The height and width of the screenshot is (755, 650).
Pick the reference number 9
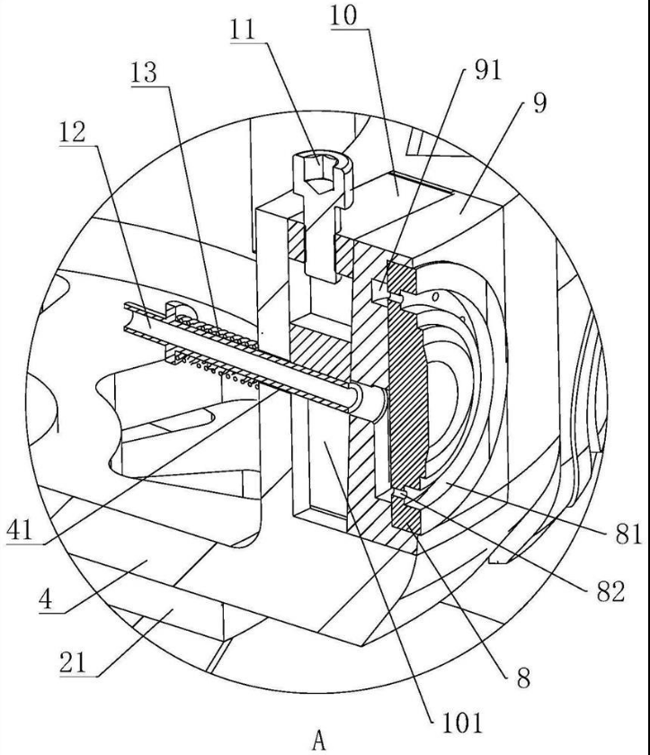pyautogui.click(x=538, y=101)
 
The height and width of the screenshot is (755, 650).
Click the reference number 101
pyautogui.click(x=459, y=720)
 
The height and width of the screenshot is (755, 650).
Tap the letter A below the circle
pyautogui.click(x=318, y=740)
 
